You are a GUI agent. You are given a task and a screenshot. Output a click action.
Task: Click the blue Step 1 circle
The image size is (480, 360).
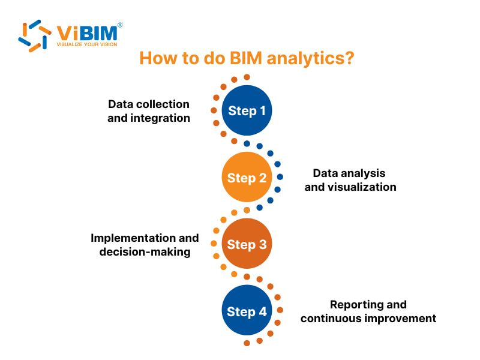pyautogui.click(x=247, y=110)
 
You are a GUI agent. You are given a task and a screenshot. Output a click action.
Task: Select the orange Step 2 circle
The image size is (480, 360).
pyautogui.click(x=247, y=177)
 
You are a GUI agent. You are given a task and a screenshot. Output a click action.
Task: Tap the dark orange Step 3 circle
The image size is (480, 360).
pyautogui.click(x=247, y=244)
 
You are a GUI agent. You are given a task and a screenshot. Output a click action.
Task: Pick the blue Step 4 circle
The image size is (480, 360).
pyautogui.click(x=247, y=311)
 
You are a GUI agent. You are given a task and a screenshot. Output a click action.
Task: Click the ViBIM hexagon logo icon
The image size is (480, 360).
pyautogui.click(x=34, y=35)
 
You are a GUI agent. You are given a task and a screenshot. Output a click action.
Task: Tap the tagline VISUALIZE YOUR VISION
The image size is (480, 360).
pyautogui.click(x=87, y=44)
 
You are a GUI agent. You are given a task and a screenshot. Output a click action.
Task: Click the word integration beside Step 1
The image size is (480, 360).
pyautogui.click(x=160, y=118)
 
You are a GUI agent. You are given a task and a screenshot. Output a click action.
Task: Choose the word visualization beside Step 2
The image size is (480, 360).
pyautogui.click(x=362, y=187)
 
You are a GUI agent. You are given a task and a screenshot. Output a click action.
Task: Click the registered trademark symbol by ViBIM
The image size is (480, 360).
pyautogui.click(x=119, y=25)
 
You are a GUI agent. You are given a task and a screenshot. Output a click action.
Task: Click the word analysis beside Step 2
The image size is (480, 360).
pyautogui.click(x=363, y=173)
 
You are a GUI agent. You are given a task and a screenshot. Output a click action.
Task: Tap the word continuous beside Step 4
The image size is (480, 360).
pyautogui.click(x=331, y=318)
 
